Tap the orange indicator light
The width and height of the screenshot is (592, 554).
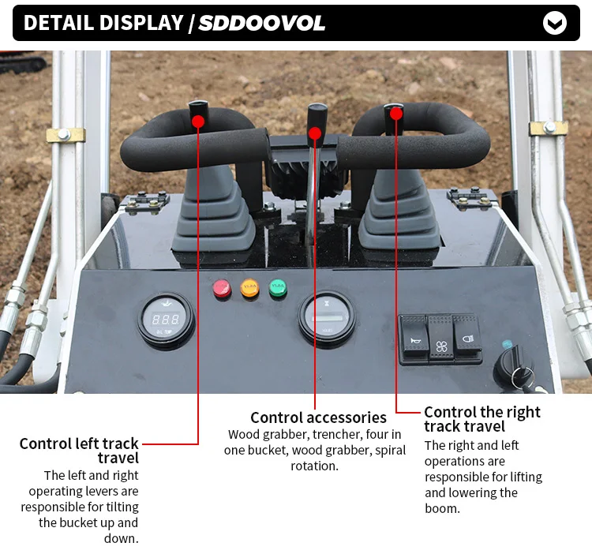[x=249, y=289]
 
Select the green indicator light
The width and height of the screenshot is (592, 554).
[x=277, y=289]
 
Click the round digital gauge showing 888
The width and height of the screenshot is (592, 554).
[x=166, y=320]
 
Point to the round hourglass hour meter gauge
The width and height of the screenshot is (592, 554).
[x=327, y=318]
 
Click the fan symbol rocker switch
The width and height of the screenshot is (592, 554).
[x=440, y=340]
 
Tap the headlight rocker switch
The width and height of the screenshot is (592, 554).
[x=466, y=339]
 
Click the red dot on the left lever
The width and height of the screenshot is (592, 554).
[x=197, y=121]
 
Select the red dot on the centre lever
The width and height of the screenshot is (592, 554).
[x=315, y=132]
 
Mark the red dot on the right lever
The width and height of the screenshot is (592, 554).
[x=396, y=113]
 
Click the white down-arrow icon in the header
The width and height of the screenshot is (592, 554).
[x=555, y=23]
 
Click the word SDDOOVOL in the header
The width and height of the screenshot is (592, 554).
[x=261, y=23]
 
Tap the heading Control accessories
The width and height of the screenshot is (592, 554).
[x=318, y=417]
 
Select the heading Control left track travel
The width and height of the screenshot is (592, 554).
[x=80, y=450]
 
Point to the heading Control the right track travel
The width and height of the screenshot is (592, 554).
[x=481, y=419]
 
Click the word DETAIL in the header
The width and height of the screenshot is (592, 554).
[x=61, y=23]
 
